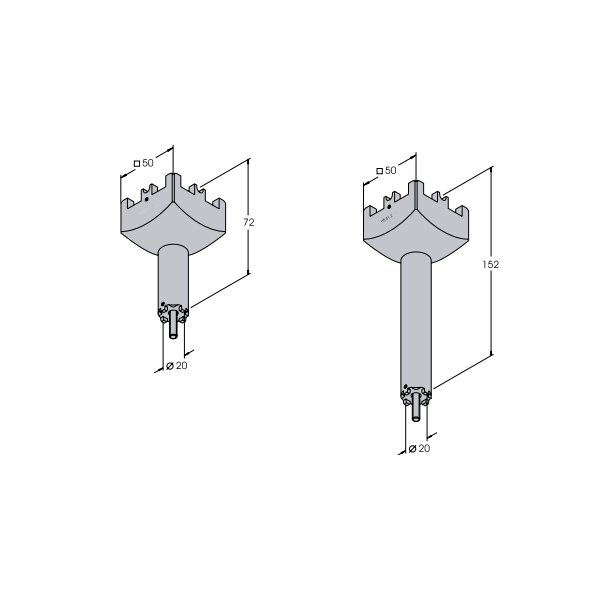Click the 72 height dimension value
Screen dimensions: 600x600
249,222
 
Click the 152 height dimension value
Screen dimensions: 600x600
491,264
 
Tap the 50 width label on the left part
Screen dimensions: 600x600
148,163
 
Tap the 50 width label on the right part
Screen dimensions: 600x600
391,170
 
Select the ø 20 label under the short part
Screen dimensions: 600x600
177,366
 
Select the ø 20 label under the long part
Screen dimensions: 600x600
419,448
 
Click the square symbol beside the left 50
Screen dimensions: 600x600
137,164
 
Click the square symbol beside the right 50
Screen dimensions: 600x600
380,171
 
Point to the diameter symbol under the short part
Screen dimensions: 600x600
170,366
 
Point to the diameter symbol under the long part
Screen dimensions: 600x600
412,448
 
